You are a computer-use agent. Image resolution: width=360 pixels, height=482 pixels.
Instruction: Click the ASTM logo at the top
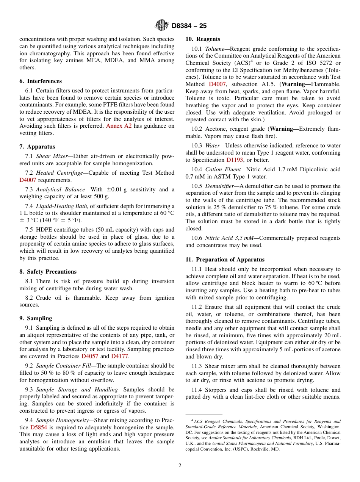click(162, 25)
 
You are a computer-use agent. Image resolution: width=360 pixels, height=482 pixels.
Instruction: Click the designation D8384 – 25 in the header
click(189, 26)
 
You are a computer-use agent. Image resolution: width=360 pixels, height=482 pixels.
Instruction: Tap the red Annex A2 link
click(119, 126)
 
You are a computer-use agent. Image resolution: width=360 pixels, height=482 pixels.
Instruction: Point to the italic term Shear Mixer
click(52, 156)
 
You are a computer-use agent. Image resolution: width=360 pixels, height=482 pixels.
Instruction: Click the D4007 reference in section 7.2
click(28, 180)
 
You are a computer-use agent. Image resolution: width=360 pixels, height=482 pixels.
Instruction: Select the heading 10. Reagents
click(203, 39)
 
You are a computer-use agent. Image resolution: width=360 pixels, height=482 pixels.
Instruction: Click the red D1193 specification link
click(235, 160)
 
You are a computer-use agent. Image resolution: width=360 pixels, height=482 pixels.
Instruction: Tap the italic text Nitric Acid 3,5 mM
click(227, 238)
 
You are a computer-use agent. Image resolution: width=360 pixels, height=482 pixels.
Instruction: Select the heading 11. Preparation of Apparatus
click(225, 260)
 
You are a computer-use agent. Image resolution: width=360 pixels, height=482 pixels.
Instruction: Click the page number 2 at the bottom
click(180, 466)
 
